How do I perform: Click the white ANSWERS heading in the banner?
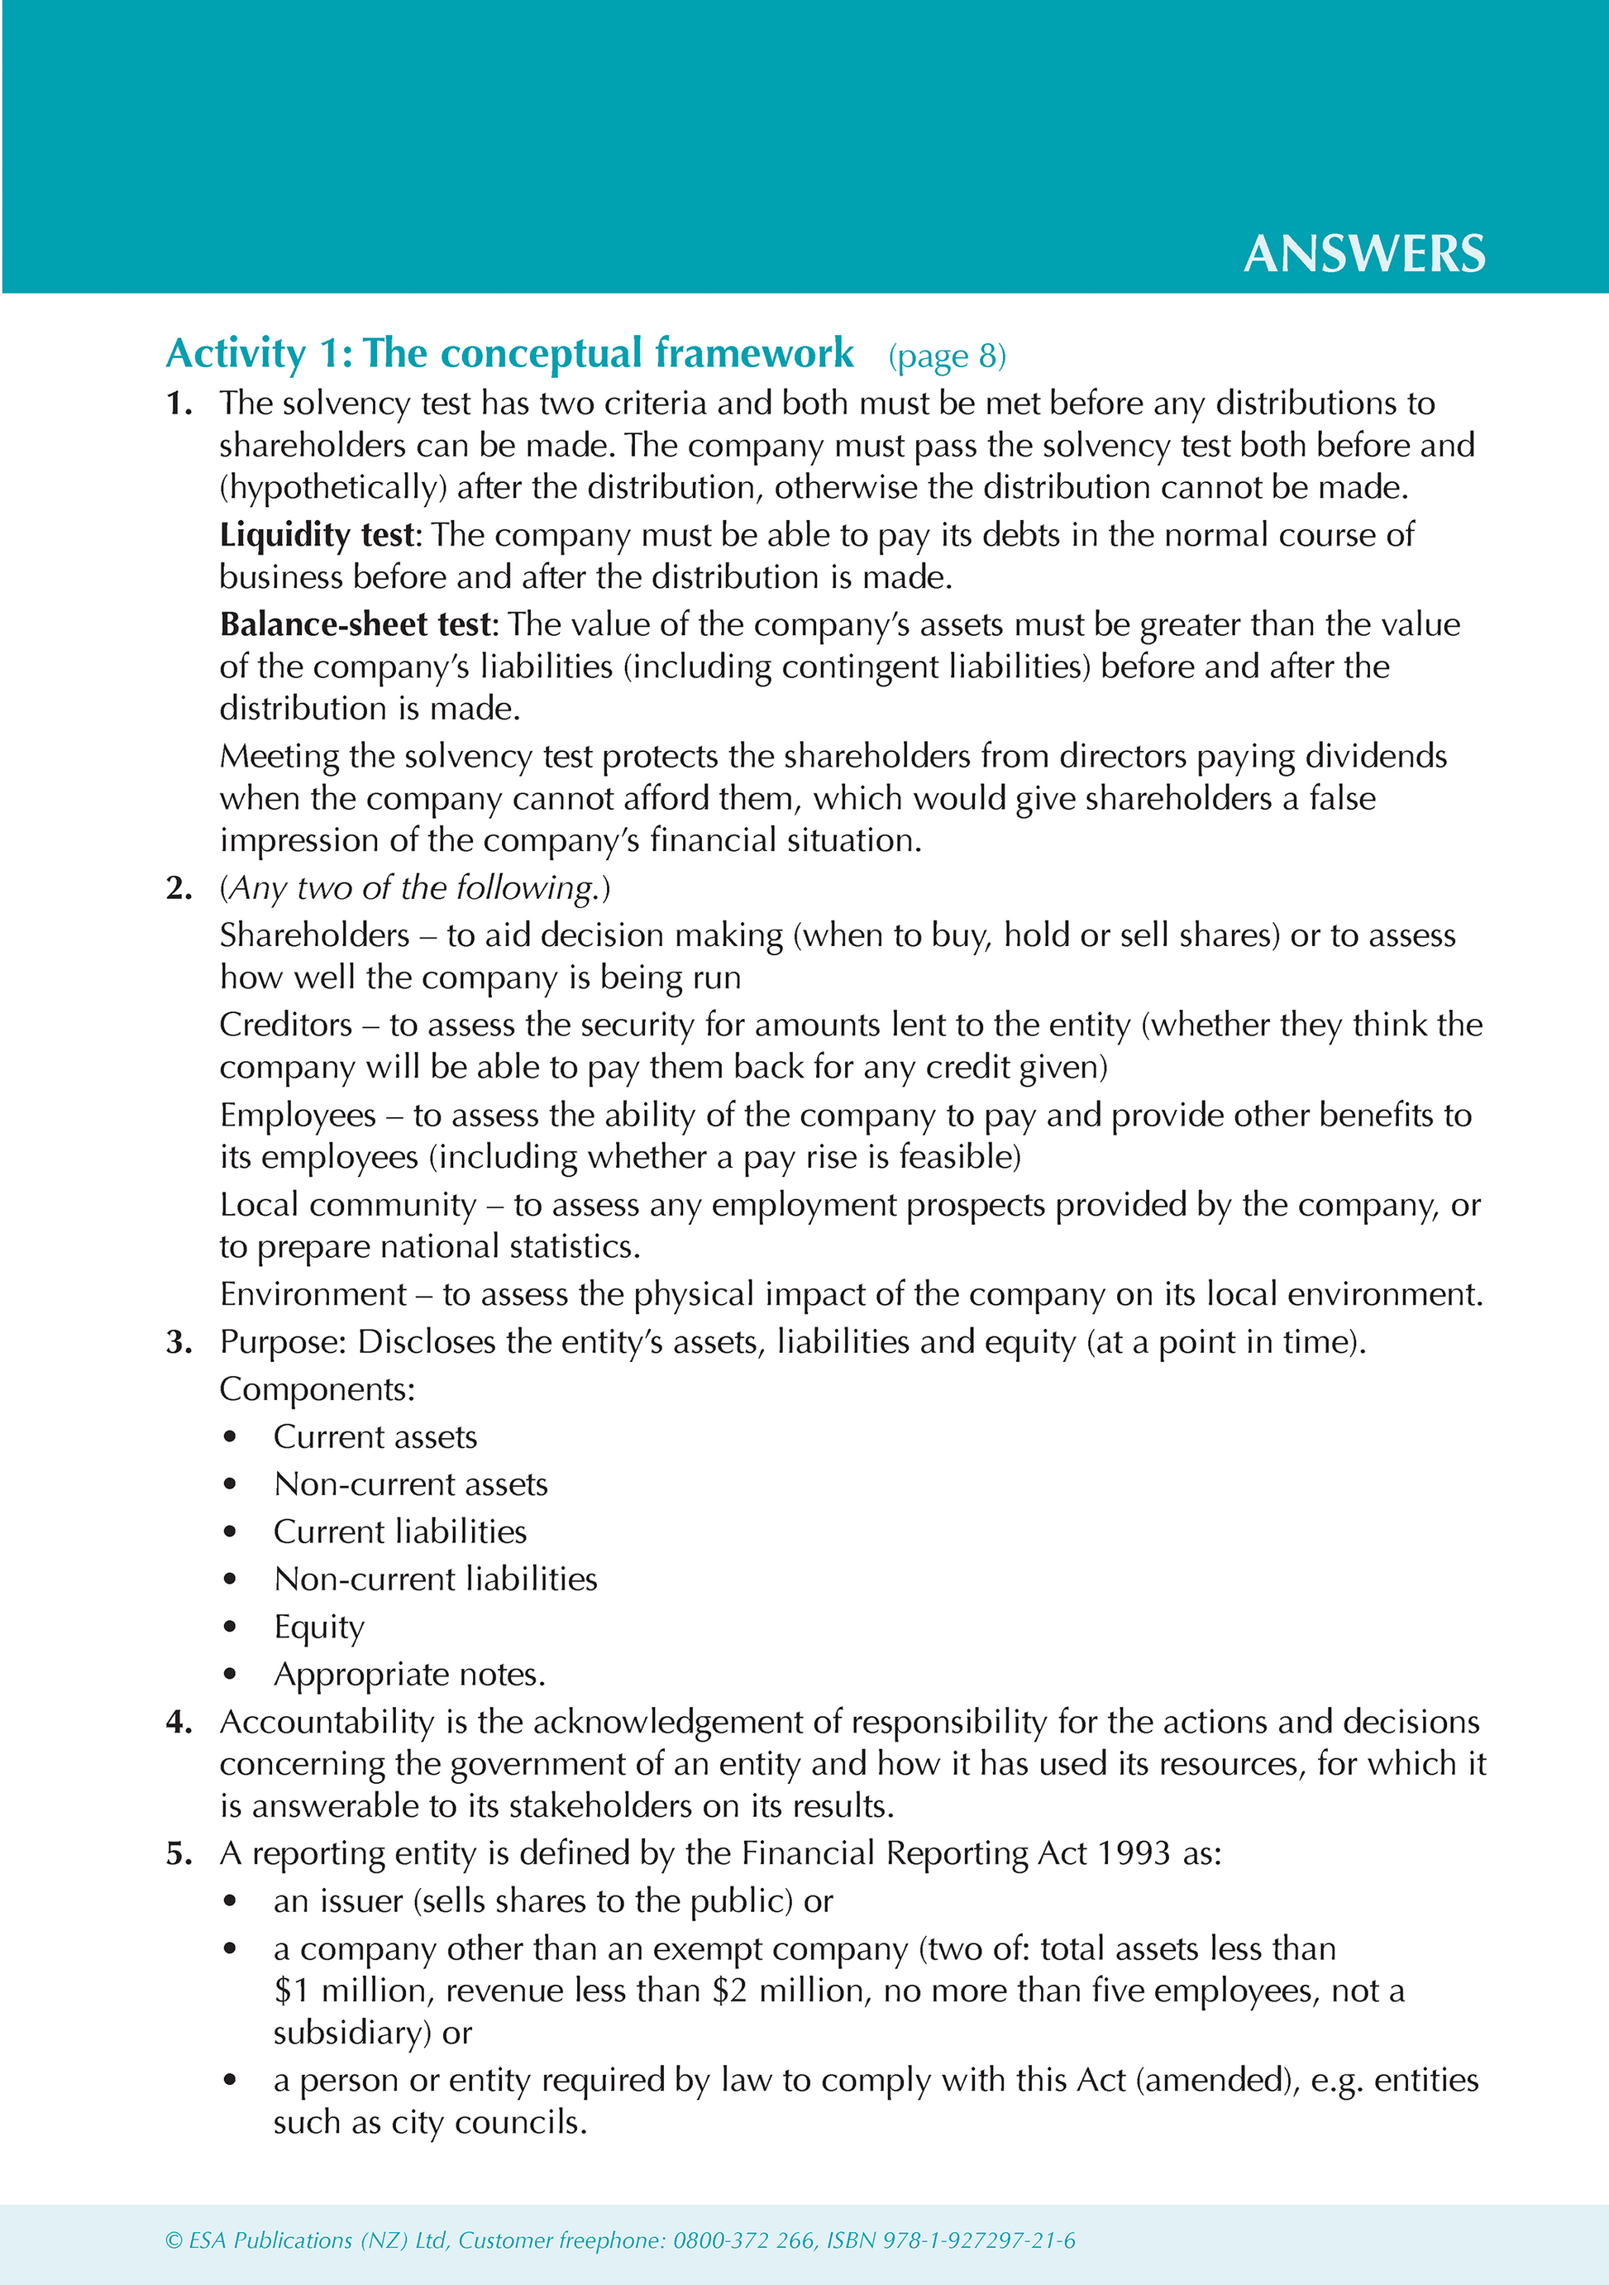pos(1363,254)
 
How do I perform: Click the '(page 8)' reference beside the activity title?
pos(946,356)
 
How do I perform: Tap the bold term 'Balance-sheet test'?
pos(356,625)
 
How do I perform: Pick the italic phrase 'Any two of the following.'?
pos(414,887)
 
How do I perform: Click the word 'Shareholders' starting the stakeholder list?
pos(314,935)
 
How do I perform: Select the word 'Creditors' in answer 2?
pos(285,1025)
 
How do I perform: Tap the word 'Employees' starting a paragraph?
pos(298,1115)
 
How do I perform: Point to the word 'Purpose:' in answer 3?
pos(283,1341)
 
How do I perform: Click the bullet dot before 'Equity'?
pos(230,1628)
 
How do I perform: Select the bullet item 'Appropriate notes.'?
pos(409,1675)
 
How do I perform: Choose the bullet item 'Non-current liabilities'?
pos(435,1580)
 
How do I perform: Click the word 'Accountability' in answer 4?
pos(327,1722)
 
